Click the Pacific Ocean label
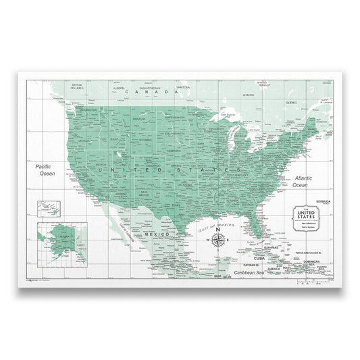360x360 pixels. click(46, 170)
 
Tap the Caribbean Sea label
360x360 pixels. click(245, 273)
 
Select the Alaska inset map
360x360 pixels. click(58, 240)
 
